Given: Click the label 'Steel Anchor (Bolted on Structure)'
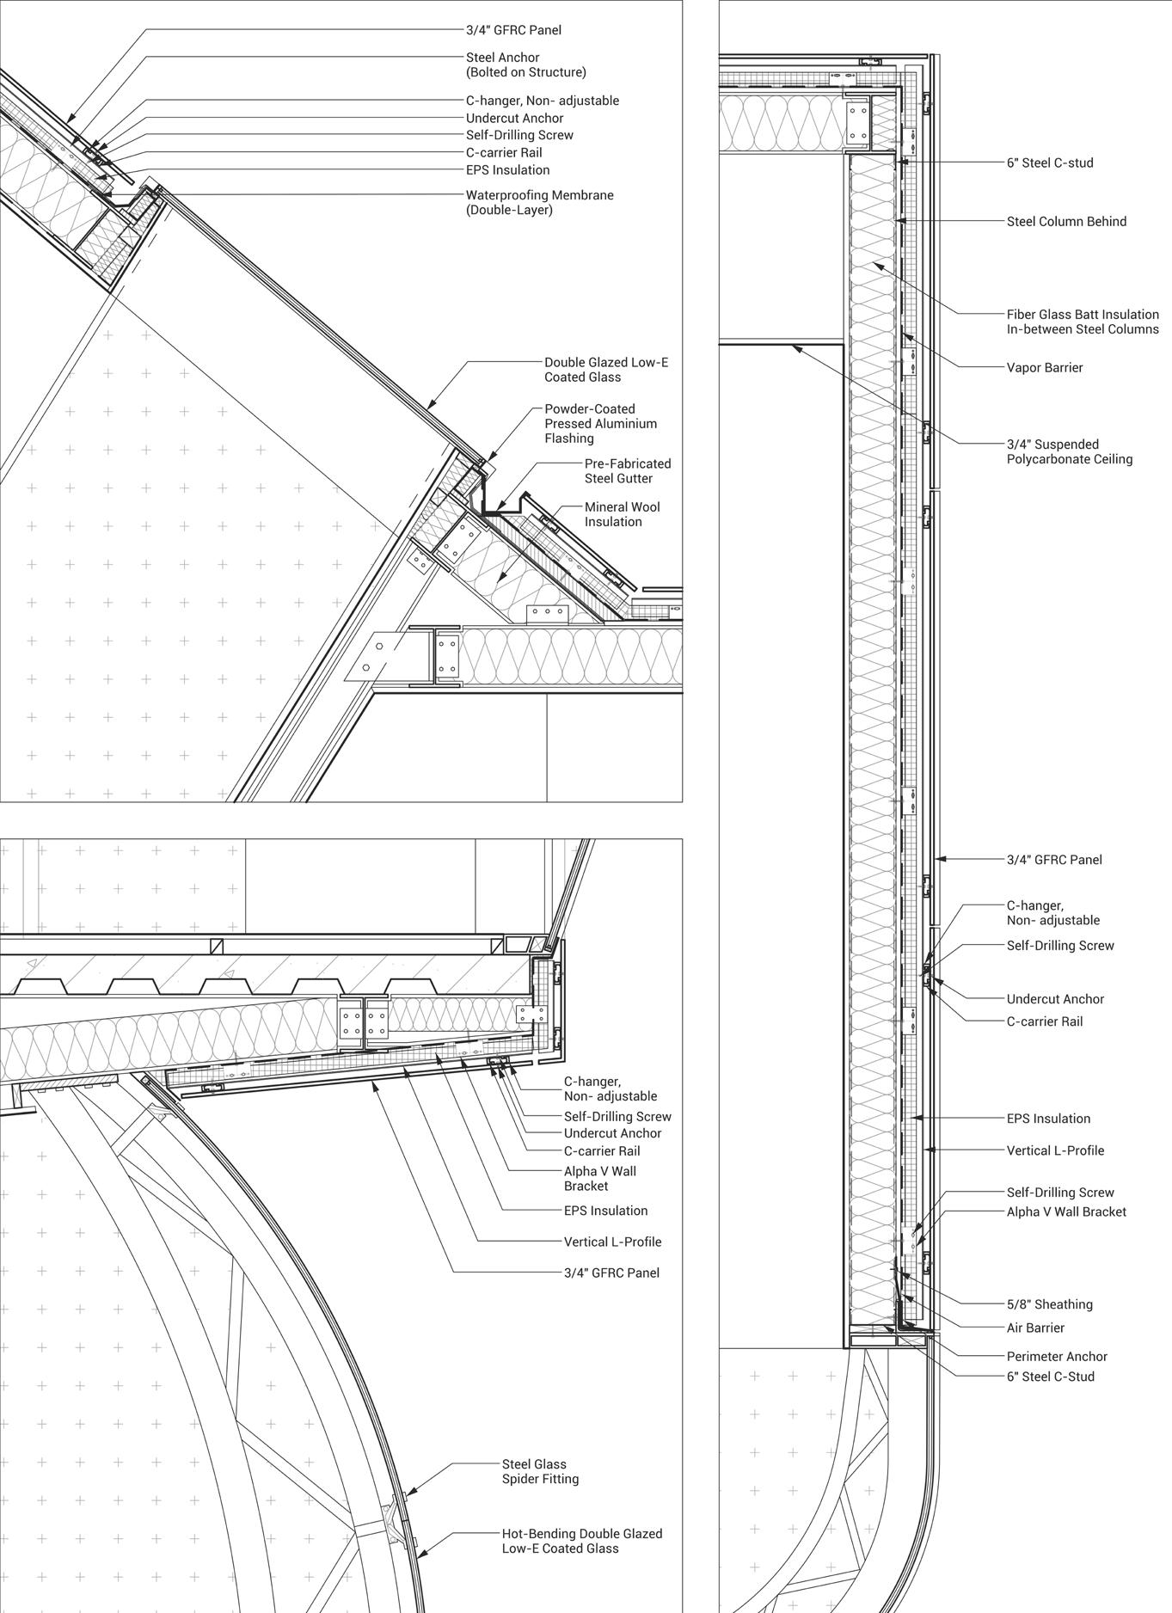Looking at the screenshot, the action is (525, 64).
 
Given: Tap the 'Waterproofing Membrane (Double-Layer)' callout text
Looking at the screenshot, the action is (539, 202).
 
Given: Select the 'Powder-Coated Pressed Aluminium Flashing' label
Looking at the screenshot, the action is (600, 423).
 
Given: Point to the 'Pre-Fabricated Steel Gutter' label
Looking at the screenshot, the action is (627, 470).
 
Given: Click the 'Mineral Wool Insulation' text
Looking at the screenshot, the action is (622, 514).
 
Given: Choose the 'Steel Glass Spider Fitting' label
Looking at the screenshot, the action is (540, 1471).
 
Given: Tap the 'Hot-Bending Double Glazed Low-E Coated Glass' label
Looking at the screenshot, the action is (581, 1541).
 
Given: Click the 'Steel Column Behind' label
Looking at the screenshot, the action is (1066, 221).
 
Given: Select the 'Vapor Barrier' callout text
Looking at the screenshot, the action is (1045, 367).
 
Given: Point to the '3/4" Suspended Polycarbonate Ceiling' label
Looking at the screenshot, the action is (1069, 451).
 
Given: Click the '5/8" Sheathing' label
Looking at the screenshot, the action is (1049, 1304).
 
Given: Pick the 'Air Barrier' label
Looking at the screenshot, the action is (1035, 1328).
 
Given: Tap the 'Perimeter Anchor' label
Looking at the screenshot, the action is (1057, 1356).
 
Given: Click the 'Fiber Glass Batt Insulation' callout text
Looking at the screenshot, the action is (1083, 322).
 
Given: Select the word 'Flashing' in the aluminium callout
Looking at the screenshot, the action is (569, 439).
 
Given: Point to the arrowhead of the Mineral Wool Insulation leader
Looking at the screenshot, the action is (497, 584).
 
